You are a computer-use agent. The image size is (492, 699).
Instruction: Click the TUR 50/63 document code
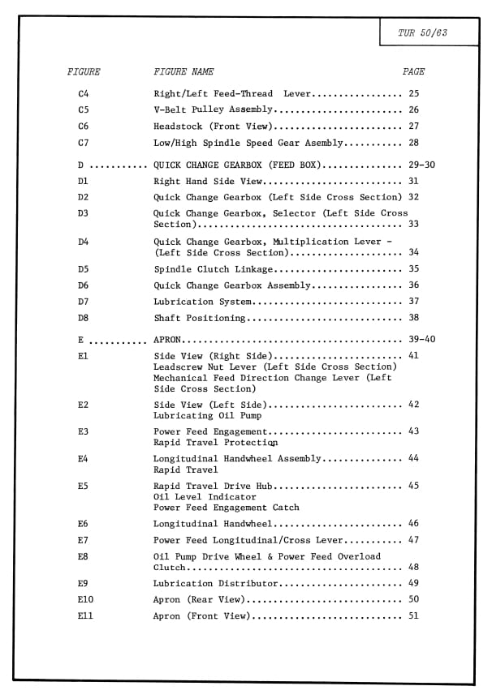coord(423,33)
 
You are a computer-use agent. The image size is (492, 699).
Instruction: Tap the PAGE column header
coord(413,72)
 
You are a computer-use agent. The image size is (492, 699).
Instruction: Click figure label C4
coord(84,94)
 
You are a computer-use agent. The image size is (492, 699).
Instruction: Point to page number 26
coord(414,110)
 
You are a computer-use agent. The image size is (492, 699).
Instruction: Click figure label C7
coord(84,143)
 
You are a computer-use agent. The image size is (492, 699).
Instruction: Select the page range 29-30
coord(421,165)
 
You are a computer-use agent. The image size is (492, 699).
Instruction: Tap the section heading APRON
coord(167,340)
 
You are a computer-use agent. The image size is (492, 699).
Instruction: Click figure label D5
coord(84,269)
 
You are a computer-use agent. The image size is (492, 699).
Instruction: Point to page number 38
coord(414,318)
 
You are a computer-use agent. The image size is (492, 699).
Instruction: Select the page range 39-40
coord(421,340)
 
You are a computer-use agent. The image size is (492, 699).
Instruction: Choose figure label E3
coord(84,431)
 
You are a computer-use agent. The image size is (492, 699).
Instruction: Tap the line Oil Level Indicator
coord(193,496)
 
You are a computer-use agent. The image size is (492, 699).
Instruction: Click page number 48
coord(414,568)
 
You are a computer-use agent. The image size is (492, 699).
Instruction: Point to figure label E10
coord(86,600)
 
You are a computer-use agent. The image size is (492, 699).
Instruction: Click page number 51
coord(414,616)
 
